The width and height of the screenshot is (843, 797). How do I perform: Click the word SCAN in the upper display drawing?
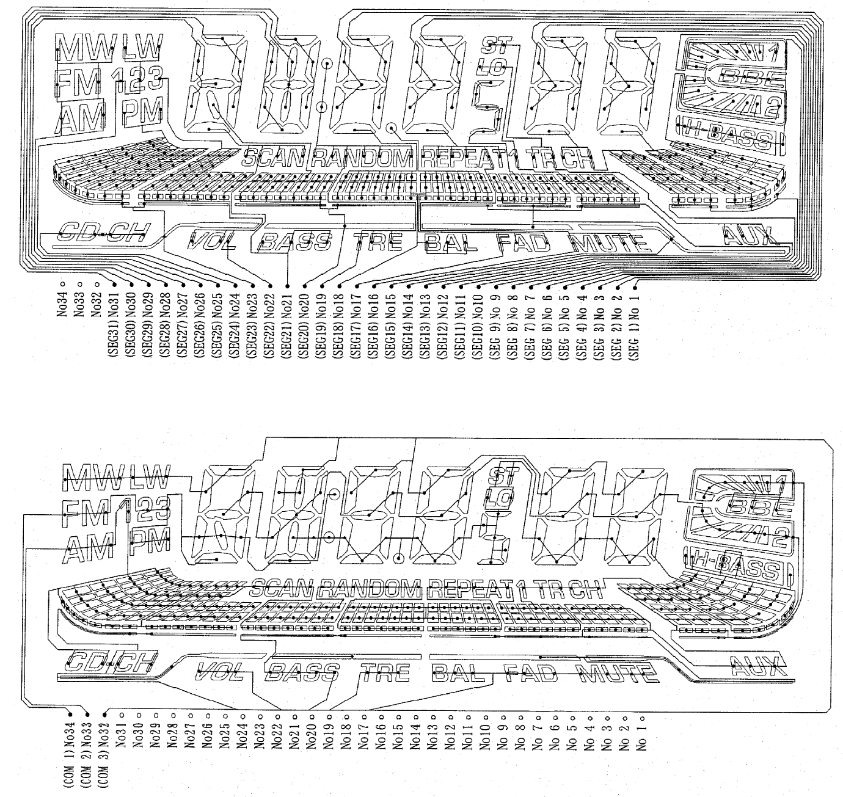[274, 159]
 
